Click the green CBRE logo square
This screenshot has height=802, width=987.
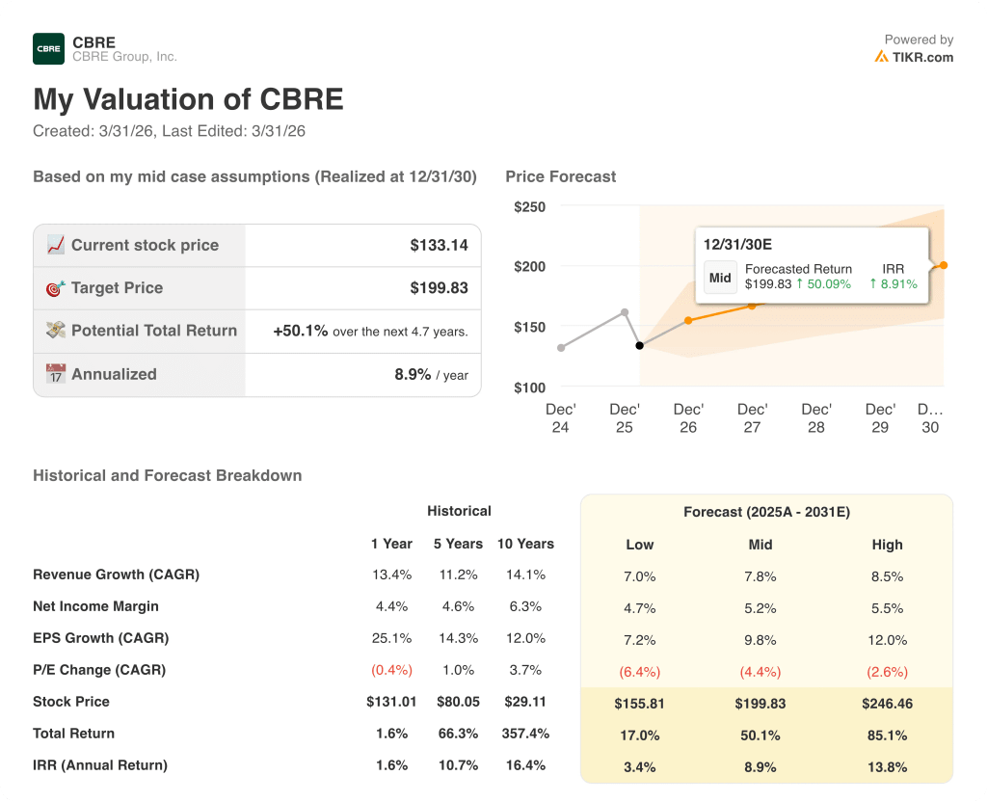[48, 48]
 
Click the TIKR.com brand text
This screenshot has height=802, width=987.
[922, 57]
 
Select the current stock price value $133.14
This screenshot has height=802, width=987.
[439, 245]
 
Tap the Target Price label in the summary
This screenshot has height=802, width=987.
[117, 287]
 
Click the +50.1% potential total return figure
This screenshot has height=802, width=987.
[301, 331]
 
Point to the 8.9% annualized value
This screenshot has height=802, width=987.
[413, 374]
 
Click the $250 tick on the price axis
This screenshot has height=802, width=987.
[529, 206]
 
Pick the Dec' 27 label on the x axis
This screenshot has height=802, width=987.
[752, 417]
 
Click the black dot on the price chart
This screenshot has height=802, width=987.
[639, 345]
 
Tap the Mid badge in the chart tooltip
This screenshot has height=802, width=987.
[720, 277]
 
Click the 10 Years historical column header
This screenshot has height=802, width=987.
[525, 544]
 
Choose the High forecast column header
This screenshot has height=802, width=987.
[887, 545]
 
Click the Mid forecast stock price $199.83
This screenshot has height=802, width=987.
[760, 704]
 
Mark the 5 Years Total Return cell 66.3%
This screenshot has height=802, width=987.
[458, 734]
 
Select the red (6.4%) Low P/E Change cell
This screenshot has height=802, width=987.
[640, 672]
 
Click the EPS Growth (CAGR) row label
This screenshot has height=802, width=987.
[100, 638]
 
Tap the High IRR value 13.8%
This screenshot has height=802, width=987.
[887, 767]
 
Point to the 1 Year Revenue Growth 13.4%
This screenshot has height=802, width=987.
[391, 575]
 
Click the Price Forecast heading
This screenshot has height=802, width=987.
[560, 176]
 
